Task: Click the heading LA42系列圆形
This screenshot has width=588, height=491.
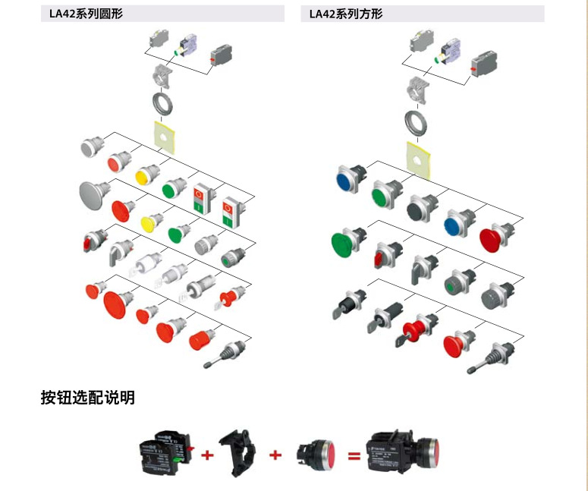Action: click(x=86, y=14)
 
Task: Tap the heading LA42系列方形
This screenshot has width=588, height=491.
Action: click(x=346, y=14)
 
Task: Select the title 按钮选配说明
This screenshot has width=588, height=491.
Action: click(x=88, y=398)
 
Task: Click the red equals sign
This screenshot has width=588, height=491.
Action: click(x=354, y=456)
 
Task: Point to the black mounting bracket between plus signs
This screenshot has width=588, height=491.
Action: click(x=237, y=453)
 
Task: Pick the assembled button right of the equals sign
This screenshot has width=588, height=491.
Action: click(x=403, y=453)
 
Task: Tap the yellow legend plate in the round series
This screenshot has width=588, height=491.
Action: click(x=164, y=137)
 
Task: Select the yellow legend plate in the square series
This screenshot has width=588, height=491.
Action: click(x=418, y=160)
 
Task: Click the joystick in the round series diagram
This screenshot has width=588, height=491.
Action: click(x=225, y=354)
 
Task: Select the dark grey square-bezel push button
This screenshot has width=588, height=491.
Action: click(x=422, y=208)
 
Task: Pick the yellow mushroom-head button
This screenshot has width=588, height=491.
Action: click(x=152, y=222)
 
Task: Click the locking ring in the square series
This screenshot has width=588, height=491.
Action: click(x=417, y=124)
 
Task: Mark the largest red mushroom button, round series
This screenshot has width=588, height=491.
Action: click(x=118, y=304)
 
